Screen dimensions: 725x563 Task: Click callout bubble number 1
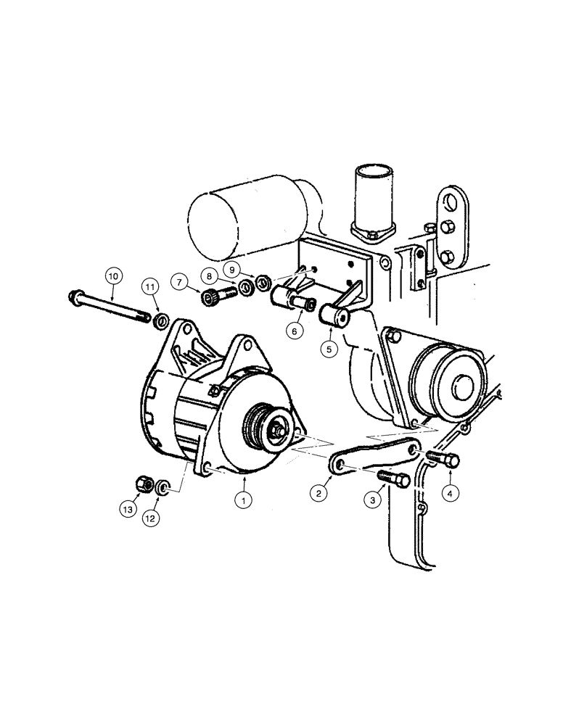click(244, 500)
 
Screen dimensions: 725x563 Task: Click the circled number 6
click(295, 331)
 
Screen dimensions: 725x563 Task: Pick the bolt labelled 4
click(442, 458)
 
